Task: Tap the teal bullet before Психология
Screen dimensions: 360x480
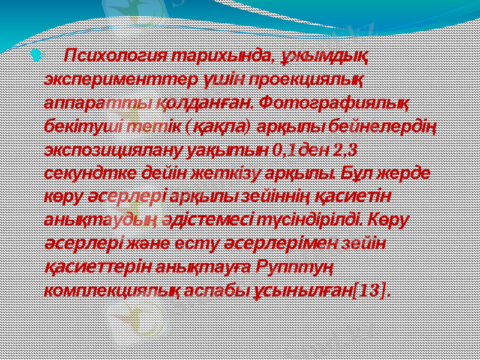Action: pos(37,56)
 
